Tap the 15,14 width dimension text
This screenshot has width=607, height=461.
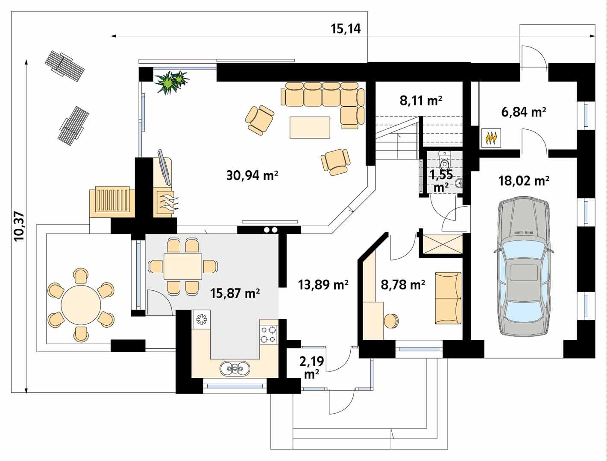346,29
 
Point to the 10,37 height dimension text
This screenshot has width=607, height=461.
19,227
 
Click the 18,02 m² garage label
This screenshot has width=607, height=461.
524,181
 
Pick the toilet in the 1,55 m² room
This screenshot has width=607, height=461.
445,161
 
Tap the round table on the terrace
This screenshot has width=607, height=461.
81,304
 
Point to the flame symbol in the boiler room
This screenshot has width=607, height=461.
492,138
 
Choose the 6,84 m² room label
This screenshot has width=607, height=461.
524,112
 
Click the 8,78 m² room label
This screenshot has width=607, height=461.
403,285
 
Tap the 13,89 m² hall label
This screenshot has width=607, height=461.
323,285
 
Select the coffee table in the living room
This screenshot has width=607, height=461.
310,127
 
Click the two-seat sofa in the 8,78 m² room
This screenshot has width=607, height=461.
448,298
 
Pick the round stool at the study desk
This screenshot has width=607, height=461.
391,321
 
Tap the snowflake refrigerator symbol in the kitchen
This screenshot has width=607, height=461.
201,319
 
